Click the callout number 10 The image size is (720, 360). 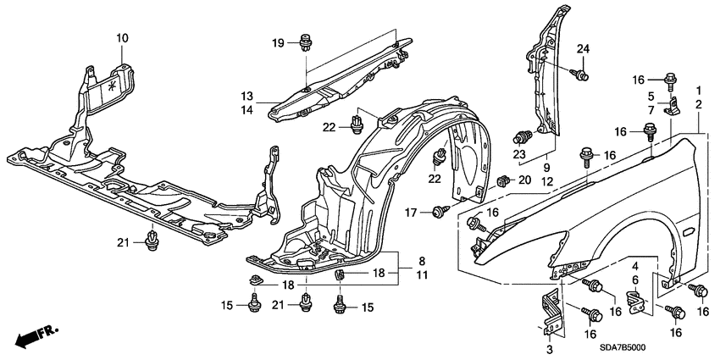tap(122, 38)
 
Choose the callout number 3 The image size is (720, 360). tap(549, 349)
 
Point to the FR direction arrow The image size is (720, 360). tap(30, 337)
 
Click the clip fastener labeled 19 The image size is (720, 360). tap(305, 40)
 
